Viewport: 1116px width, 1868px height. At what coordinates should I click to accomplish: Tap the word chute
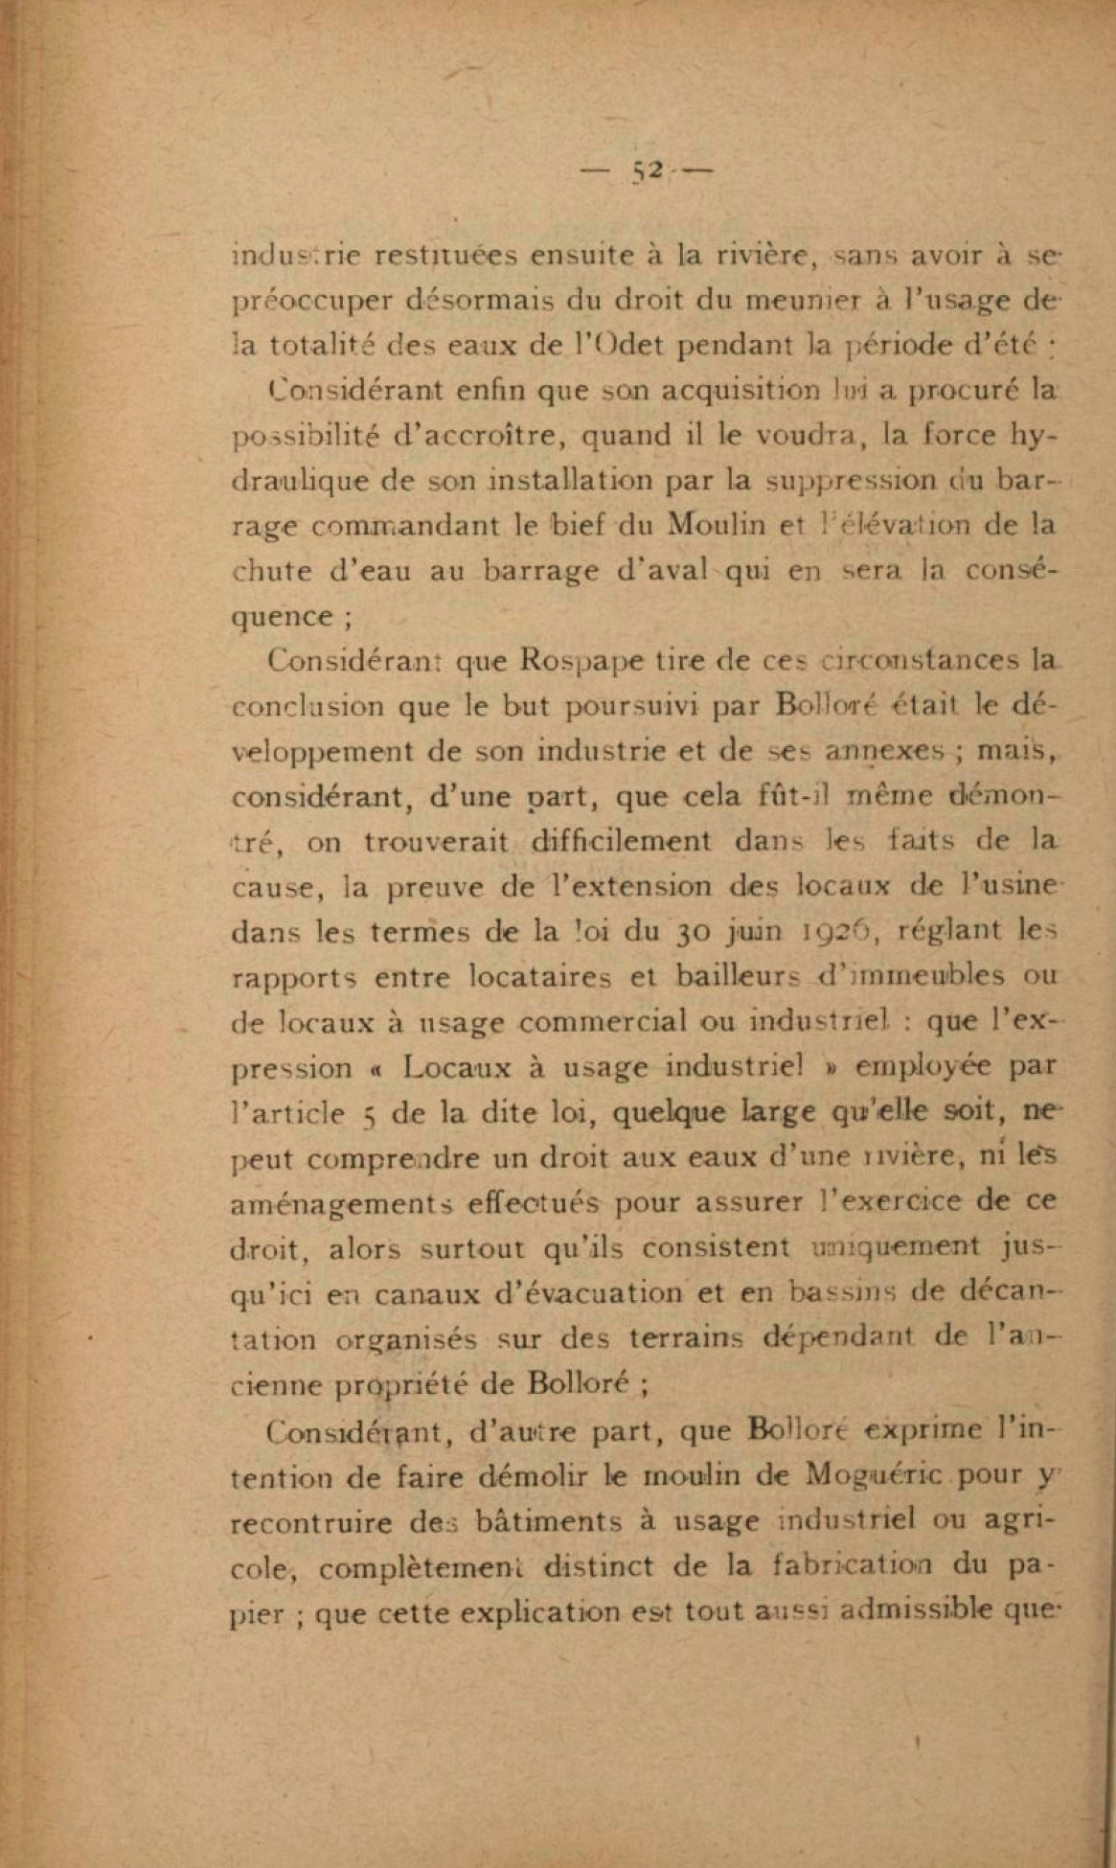click(x=271, y=572)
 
